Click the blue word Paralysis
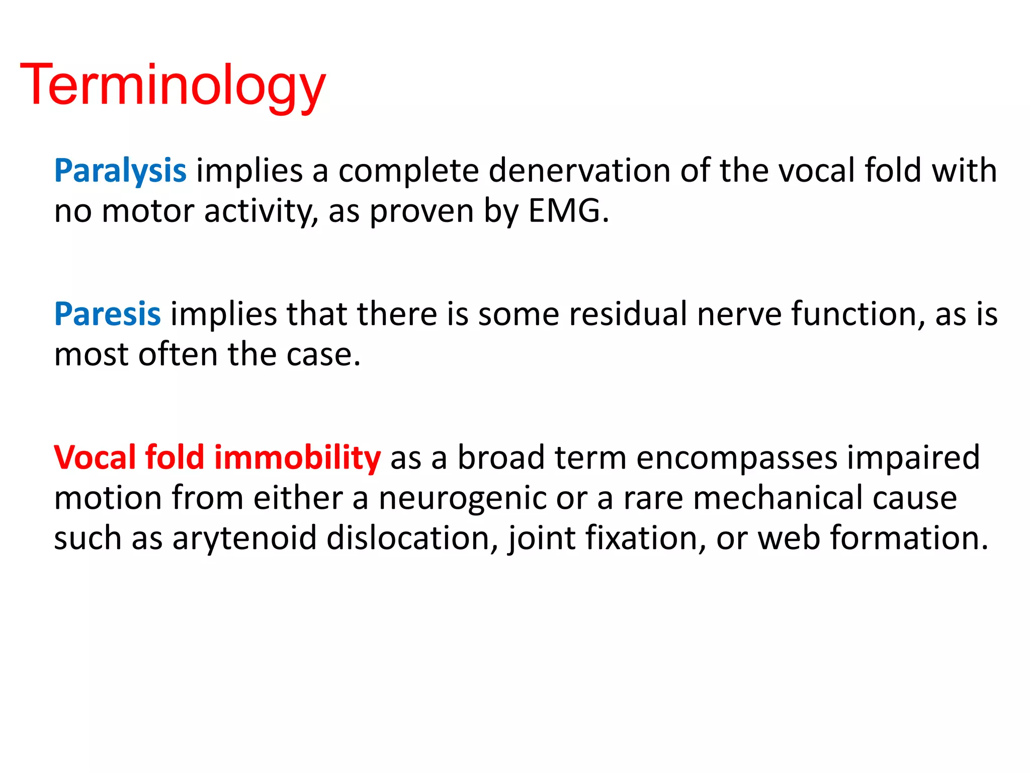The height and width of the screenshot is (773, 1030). click(120, 171)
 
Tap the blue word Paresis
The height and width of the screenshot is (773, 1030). click(107, 314)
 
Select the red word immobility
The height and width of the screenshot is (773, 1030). click(297, 457)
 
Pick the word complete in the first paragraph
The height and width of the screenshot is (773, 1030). click(408, 172)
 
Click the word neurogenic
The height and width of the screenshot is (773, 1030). click(462, 498)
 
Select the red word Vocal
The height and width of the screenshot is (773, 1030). click(95, 457)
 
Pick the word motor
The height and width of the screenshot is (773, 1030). click(148, 211)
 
